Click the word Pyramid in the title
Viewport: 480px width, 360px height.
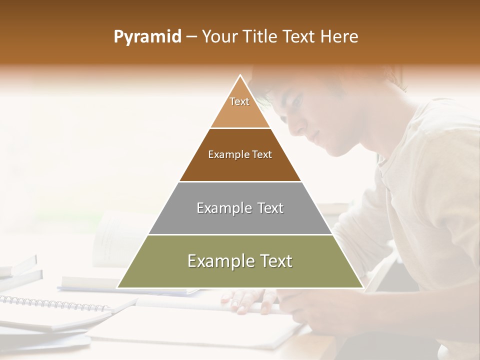tap(147, 37)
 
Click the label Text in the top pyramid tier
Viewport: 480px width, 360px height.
tap(239, 101)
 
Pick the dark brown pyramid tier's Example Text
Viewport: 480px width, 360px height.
tap(240, 154)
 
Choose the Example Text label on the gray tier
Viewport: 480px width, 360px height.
tap(240, 208)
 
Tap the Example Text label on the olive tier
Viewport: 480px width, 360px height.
tap(240, 261)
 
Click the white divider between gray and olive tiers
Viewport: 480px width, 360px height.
tap(240, 234)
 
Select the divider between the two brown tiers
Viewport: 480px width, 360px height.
tap(240, 128)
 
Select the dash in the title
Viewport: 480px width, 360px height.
tap(191, 37)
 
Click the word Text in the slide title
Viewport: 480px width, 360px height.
tap(299, 37)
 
